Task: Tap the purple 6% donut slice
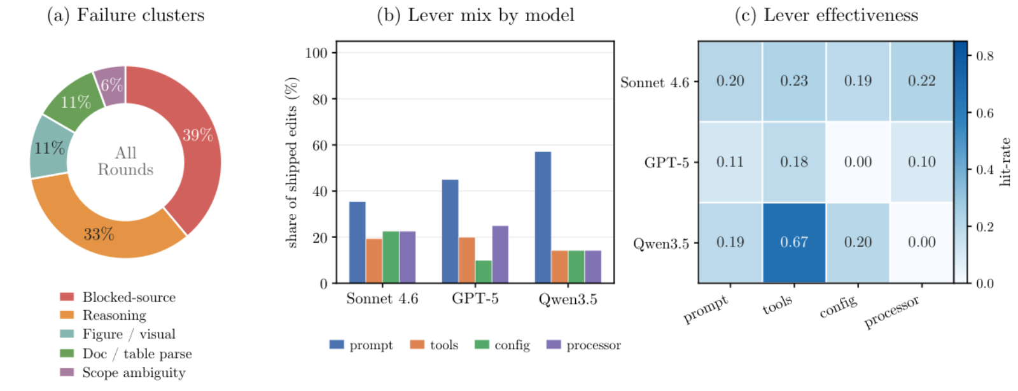[111, 85]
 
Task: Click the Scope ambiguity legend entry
[123, 373]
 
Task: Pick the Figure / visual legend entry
[118, 334]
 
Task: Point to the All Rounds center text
[125, 161]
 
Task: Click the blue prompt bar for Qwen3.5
[543, 217]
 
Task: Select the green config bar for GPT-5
[484, 272]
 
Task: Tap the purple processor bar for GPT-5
[500, 255]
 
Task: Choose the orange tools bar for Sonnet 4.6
[374, 261]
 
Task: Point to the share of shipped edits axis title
[291, 162]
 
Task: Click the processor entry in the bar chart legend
[584, 345]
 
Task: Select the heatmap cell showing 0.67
[794, 243]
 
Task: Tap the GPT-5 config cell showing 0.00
[858, 162]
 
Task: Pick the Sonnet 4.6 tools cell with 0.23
[794, 81]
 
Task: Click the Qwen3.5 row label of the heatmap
[661, 244]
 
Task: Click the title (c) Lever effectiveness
[826, 15]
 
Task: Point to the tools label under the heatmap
[777, 304]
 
